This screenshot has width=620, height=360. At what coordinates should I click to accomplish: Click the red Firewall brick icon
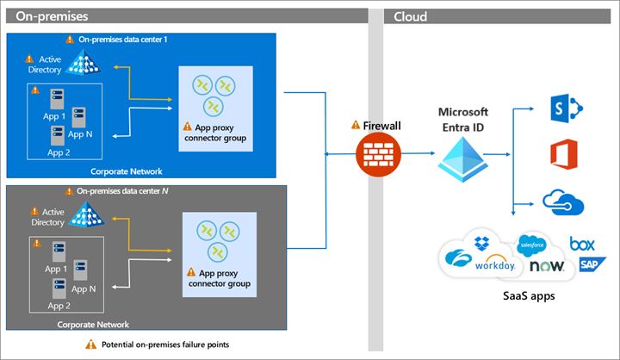(374, 156)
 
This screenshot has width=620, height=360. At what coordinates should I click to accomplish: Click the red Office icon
(565, 156)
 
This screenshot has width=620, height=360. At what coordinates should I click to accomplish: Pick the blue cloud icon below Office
(564, 203)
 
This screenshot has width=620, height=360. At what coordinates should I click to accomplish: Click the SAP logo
(591, 264)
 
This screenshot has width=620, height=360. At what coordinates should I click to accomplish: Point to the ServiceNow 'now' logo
(547, 266)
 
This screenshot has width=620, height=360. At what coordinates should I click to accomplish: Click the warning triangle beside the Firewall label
(355, 124)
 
